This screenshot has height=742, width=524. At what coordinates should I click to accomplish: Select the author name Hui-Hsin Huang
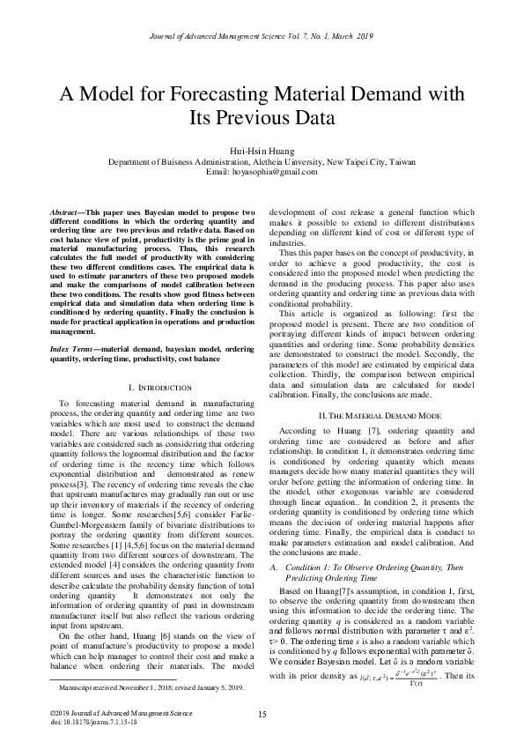(262, 151)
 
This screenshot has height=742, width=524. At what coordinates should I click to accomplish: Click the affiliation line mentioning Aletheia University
(262, 161)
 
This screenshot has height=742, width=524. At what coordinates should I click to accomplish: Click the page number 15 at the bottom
(262, 714)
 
